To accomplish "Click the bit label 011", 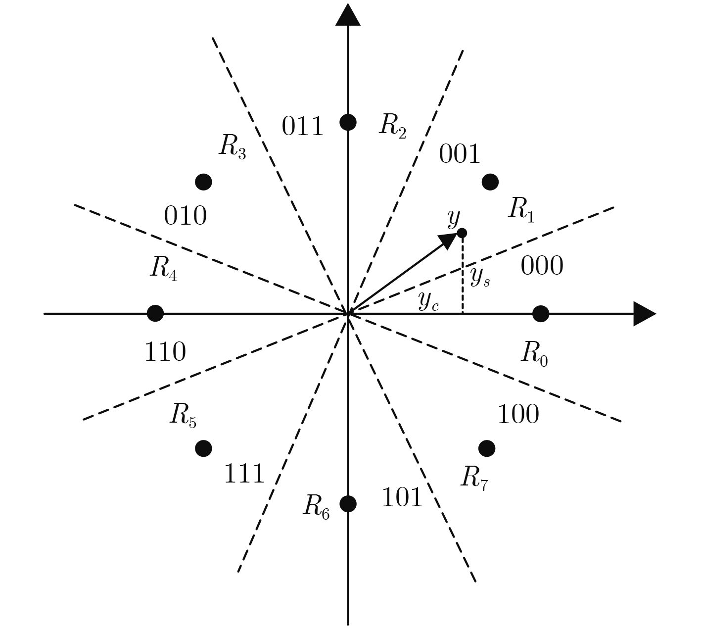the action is [x=302, y=126].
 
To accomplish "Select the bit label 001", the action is [x=460, y=154].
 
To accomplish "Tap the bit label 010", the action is [x=185, y=216].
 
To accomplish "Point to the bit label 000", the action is [x=542, y=266].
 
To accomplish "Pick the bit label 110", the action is [x=165, y=352].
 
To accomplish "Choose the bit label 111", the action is [x=244, y=473].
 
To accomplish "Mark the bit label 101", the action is [x=402, y=497].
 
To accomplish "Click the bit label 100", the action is [x=518, y=414].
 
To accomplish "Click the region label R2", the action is [x=393, y=126].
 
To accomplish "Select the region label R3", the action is [x=233, y=147].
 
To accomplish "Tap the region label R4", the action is [x=164, y=269].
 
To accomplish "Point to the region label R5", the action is [x=183, y=415].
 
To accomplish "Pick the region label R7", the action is [x=474, y=478].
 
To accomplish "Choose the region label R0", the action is [x=534, y=354].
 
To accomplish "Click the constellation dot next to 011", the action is [x=348, y=122].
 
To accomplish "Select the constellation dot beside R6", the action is [x=348, y=503].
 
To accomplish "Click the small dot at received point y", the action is [x=462, y=233].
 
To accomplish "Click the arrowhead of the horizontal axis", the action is [x=644, y=314].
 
